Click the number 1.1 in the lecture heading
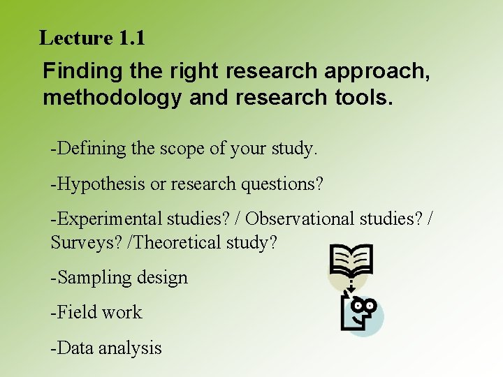point(132,38)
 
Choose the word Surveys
point(79,242)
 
